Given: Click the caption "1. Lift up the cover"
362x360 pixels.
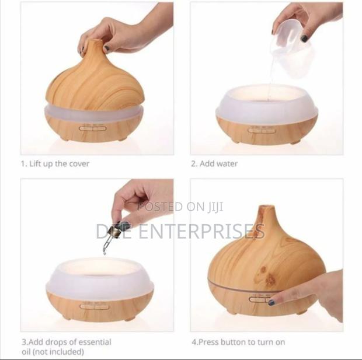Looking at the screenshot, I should (x=55, y=164).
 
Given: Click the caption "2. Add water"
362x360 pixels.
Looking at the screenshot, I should (x=214, y=164).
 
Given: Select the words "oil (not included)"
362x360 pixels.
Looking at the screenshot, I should (x=53, y=351).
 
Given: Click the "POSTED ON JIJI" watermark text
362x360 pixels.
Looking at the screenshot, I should (x=180, y=207).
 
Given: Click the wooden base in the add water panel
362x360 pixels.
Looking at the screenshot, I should (x=266, y=130).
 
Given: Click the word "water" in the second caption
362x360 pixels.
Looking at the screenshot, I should (x=227, y=164).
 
